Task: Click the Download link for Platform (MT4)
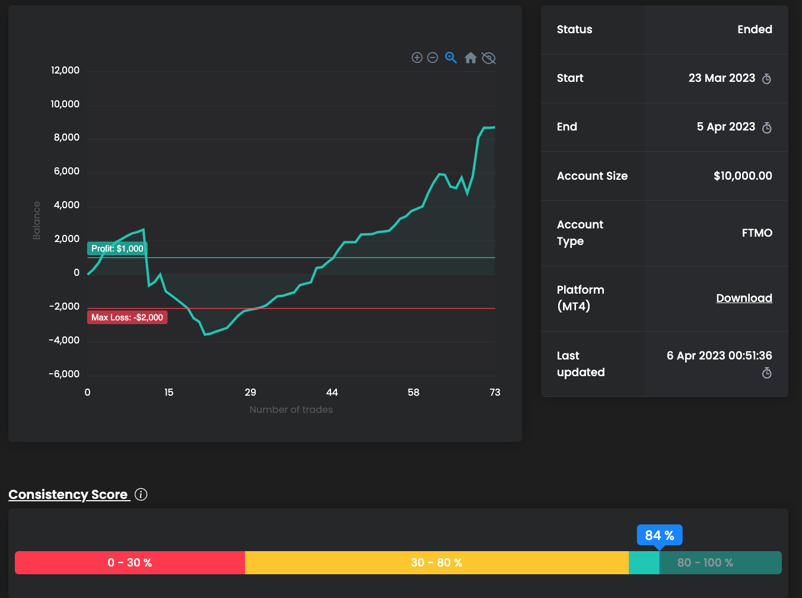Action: click(744, 298)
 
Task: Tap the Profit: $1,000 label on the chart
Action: click(117, 249)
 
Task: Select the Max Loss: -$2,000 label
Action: click(127, 317)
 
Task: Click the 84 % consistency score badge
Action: click(660, 535)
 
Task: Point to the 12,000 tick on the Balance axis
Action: click(65, 70)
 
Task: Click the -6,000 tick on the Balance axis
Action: click(64, 374)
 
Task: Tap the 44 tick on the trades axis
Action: click(332, 392)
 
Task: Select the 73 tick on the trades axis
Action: click(495, 392)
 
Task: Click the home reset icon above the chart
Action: click(470, 58)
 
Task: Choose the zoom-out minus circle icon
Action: click(432, 58)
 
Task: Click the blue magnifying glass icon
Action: click(451, 58)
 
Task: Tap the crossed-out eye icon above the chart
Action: click(489, 58)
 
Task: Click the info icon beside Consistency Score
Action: click(141, 494)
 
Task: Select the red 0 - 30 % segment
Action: click(130, 562)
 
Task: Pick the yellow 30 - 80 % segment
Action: click(437, 562)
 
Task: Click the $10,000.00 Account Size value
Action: click(743, 176)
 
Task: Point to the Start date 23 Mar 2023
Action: click(721, 78)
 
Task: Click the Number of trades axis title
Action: click(291, 409)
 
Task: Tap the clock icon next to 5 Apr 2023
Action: click(766, 128)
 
